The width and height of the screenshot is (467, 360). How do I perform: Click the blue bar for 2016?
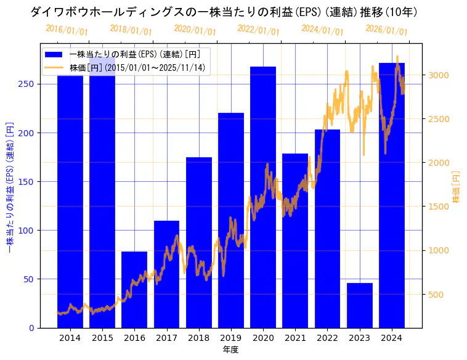(134, 290)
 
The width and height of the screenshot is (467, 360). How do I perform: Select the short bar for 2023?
(360, 305)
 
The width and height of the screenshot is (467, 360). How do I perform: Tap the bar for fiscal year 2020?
(263, 197)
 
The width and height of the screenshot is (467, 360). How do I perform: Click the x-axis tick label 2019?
(231, 338)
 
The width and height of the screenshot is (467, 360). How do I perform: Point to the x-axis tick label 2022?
(327, 338)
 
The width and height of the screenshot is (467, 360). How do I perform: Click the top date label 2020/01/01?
(195, 30)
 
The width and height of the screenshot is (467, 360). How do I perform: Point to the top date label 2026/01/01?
(386, 30)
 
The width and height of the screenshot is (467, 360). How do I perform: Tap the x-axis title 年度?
(230, 350)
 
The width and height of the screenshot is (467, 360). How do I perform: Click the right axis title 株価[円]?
(457, 187)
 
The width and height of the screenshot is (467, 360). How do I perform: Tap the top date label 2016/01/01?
(67, 30)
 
